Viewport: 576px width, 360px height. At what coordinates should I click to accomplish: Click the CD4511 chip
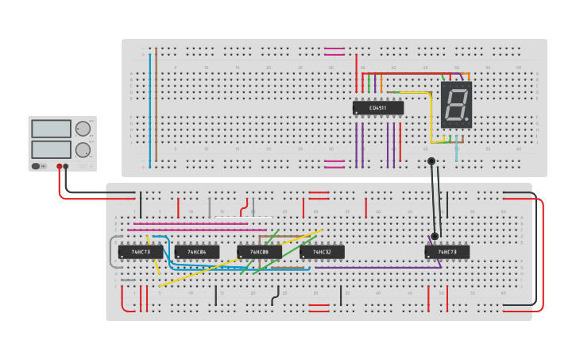click(x=378, y=107)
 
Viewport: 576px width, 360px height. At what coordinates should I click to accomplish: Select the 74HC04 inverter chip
click(x=196, y=252)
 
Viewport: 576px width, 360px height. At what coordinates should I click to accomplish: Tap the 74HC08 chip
click(x=259, y=252)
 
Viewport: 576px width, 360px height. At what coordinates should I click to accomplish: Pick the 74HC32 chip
click(x=322, y=252)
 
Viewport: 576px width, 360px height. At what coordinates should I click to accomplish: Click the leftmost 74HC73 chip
click(x=141, y=252)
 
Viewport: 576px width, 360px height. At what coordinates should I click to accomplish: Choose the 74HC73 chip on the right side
click(x=446, y=252)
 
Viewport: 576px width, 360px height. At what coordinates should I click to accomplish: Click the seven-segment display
click(x=456, y=105)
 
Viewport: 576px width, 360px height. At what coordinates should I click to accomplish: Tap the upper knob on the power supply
click(x=83, y=129)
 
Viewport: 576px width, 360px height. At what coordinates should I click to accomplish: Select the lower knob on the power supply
click(x=83, y=149)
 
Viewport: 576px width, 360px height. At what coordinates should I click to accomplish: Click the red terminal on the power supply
click(x=59, y=166)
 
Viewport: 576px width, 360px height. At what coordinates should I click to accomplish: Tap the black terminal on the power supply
click(x=66, y=166)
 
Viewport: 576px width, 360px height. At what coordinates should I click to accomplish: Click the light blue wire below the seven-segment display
click(x=456, y=152)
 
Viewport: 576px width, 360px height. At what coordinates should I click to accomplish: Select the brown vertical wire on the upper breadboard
click(x=157, y=103)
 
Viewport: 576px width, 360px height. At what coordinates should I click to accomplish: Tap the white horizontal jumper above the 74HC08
click(x=243, y=217)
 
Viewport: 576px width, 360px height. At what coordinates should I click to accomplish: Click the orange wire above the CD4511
click(x=381, y=82)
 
